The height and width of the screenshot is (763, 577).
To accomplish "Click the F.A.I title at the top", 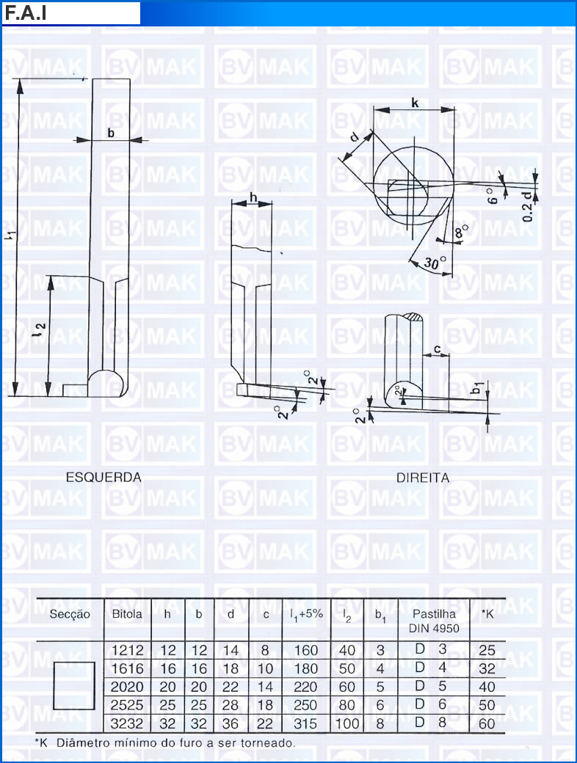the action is coord(25,13).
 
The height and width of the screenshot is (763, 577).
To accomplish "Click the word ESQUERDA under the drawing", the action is coord(104,478).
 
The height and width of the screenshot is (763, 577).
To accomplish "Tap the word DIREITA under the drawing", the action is coord(423,478).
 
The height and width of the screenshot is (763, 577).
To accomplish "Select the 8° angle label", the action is coord(461,230).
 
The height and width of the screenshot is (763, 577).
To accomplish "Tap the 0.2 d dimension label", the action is coord(528,206).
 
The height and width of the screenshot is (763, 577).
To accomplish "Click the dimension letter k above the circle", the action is coord(414,103).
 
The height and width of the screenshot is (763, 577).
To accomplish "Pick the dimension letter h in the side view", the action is coord(253,197).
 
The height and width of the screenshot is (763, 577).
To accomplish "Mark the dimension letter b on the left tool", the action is coord(111,132).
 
